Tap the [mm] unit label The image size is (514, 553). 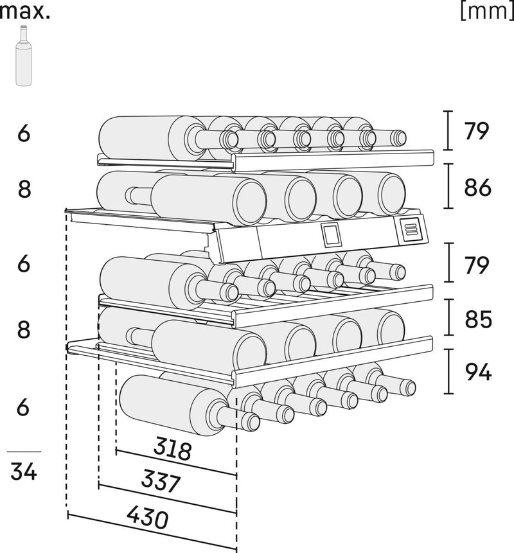(x=486, y=11)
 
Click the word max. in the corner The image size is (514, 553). (x=25, y=11)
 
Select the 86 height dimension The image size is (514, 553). (x=478, y=187)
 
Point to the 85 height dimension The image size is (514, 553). (x=478, y=319)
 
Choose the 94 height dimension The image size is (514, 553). (x=478, y=371)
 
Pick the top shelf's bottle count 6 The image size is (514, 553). (x=24, y=134)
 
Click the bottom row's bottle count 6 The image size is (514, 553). (x=24, y=407)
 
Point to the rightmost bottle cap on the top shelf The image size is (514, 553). (x=399, y=137)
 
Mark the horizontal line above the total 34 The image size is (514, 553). (x=24, y=452)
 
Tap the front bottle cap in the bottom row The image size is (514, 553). (x=250, y=421)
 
